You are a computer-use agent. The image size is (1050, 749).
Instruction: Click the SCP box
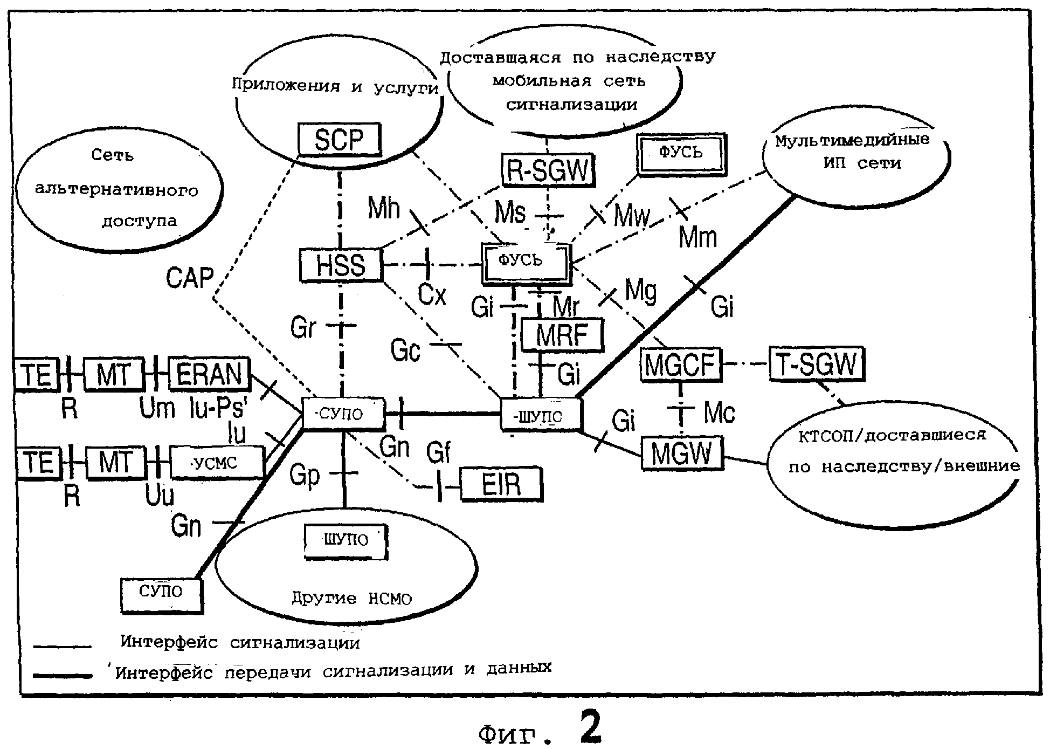[339, 140]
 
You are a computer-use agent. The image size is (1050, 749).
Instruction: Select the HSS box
[341, 265]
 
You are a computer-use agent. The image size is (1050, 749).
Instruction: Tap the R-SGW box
[547, 170]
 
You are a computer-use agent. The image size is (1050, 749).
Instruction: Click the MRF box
[562, 335]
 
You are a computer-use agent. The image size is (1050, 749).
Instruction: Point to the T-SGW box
[816, 364]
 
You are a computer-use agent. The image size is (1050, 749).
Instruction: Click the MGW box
[682, 453]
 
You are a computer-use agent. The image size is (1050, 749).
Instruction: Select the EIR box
[501, 484]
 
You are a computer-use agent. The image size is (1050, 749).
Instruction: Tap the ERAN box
[209, 374]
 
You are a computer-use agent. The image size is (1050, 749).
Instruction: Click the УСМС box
[217, 463]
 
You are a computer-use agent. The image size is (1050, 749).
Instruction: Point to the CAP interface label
[189, 278]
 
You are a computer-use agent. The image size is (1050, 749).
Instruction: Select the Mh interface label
[384, 208]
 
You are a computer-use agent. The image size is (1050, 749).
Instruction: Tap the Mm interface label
[697, 237]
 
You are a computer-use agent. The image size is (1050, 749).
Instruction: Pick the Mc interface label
[719, 414]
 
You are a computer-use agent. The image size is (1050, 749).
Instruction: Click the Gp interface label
[305, 475]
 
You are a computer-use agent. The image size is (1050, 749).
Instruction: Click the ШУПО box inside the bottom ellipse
[346, 541]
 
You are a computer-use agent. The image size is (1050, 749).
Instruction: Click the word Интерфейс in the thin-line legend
[169, 642]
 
